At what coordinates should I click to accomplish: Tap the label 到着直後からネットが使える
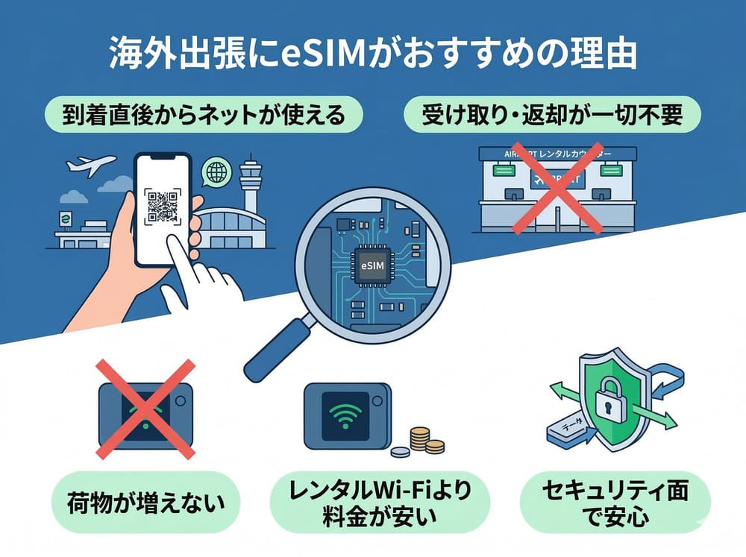203,117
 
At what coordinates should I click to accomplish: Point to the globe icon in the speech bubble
217,172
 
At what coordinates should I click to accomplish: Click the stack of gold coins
422,440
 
